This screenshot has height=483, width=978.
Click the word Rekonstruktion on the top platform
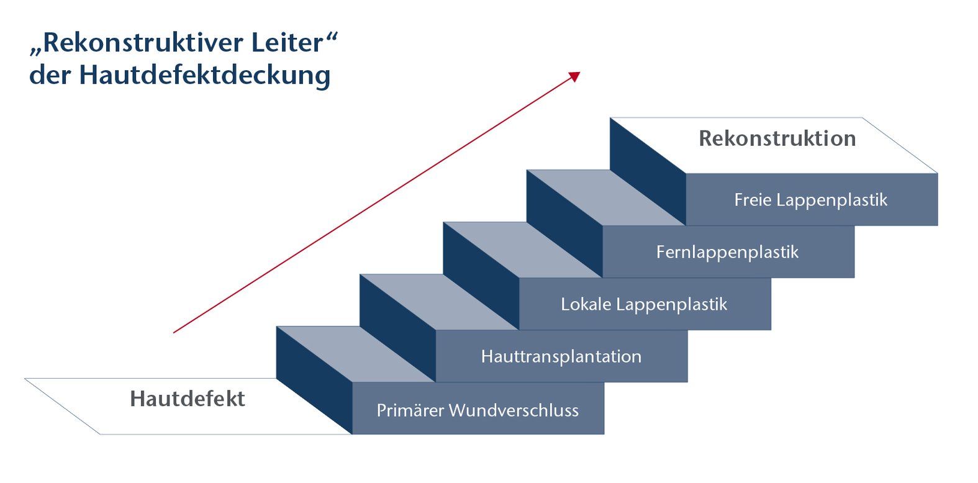point(777,138)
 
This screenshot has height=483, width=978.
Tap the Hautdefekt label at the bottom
point(187,399)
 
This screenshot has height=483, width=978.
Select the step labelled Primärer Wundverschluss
point(478,410)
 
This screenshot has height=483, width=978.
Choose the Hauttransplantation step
point(561,356)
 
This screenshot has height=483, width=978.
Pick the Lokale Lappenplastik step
point(644,304)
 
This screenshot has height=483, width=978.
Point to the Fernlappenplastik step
point(727,252)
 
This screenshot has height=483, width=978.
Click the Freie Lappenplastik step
point(810,200)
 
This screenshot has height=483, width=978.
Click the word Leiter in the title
point(287,43)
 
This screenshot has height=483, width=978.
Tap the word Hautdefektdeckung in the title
point(205,75)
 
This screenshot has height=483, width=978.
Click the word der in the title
point(50,75)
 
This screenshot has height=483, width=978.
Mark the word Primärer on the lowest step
point(410,410)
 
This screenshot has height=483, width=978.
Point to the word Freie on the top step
point(752,200)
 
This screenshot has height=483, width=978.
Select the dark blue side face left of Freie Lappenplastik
point(648,171)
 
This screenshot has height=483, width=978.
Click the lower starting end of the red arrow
point(174,332)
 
